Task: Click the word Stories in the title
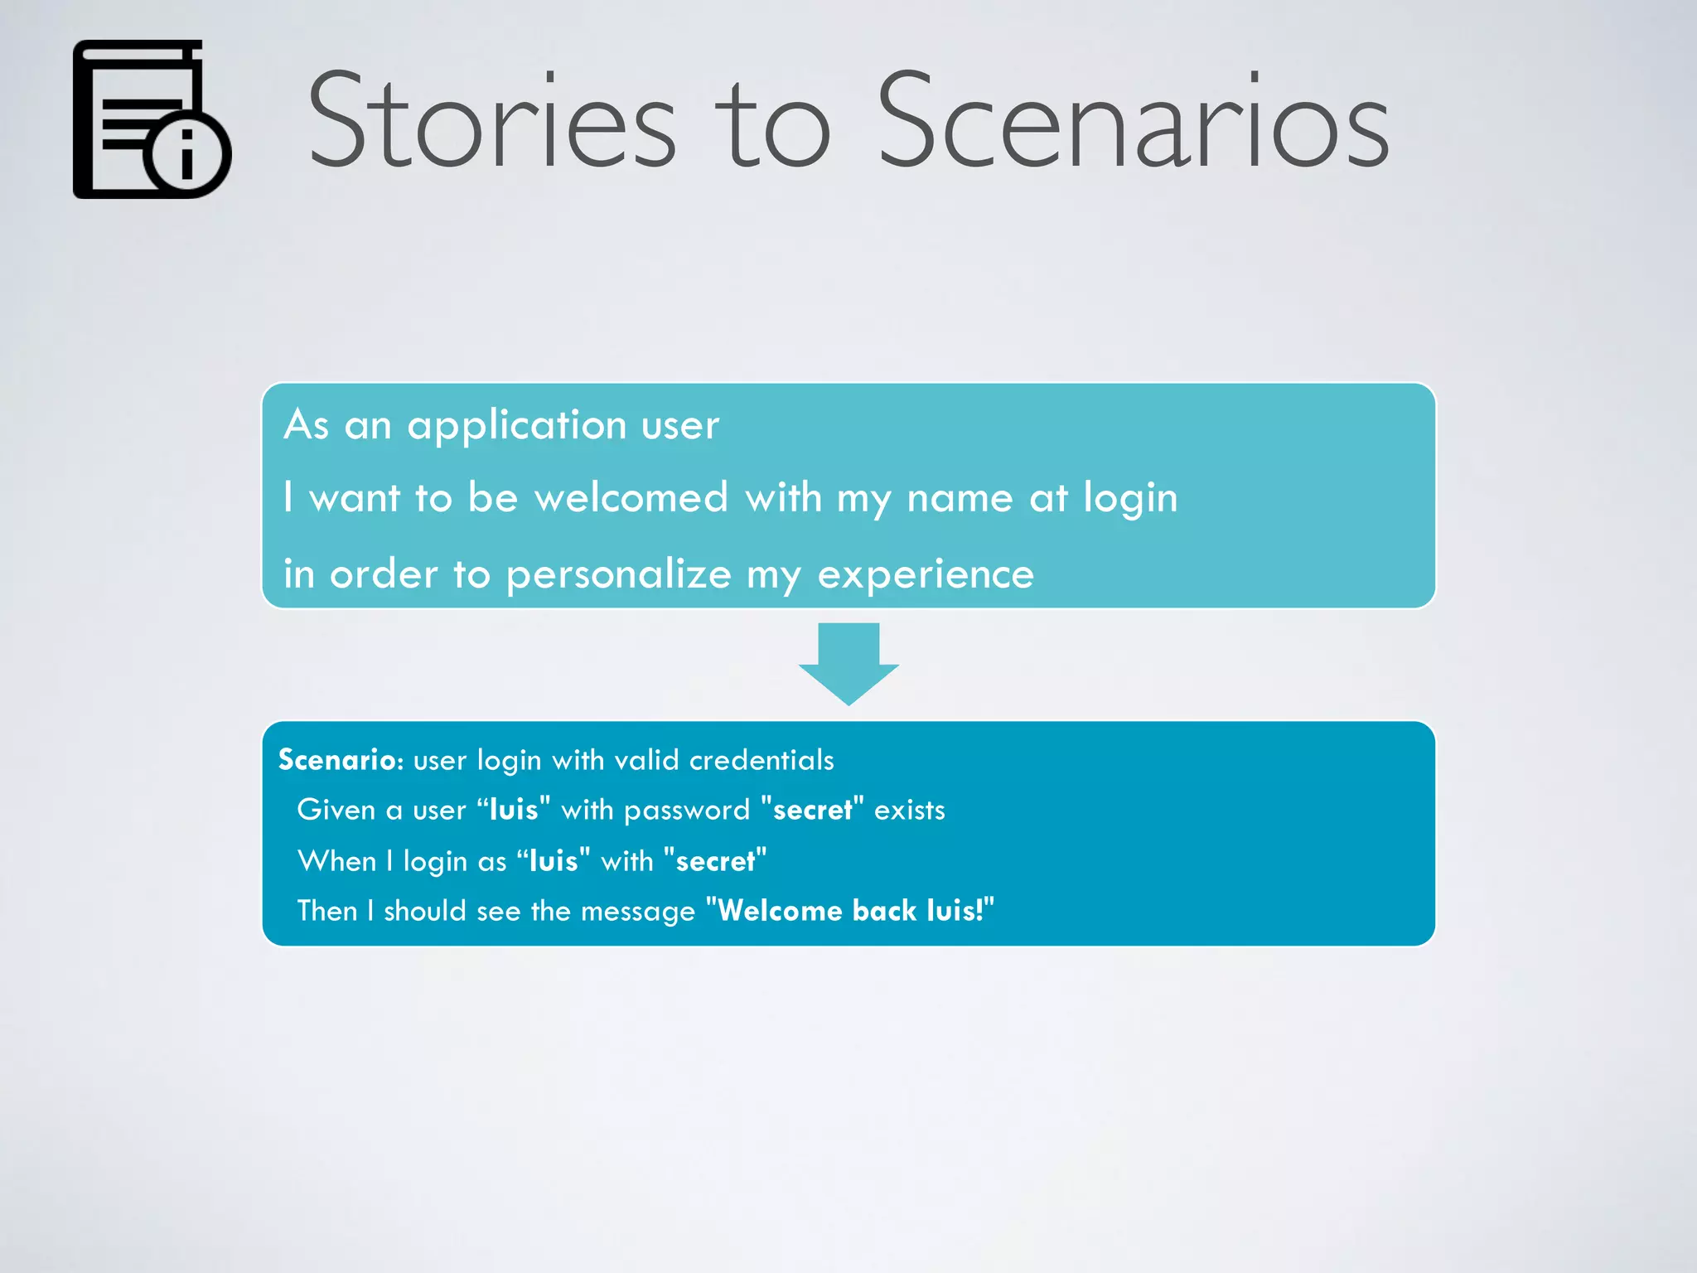492,120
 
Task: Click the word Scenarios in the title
1133,120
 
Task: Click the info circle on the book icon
187,154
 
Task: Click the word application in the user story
516,426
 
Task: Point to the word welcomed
631,498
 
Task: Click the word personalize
619,574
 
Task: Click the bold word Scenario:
341,760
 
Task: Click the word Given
336,810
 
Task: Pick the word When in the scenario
337,861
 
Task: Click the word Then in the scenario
327,911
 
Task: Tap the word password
687,811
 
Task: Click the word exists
909,810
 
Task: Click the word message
637,912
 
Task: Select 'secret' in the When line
715,861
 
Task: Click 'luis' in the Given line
514,810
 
